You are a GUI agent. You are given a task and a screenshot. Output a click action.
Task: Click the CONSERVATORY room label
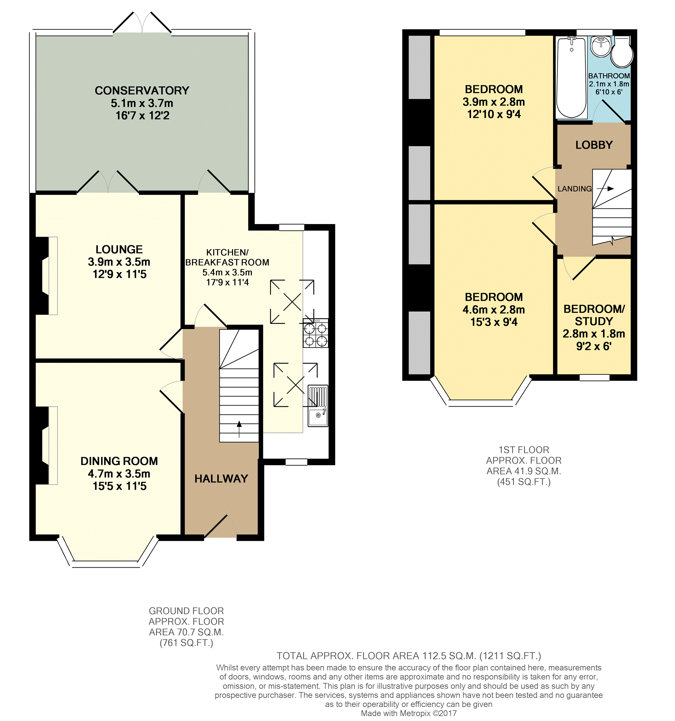pyautogui.click(x=142, y=90)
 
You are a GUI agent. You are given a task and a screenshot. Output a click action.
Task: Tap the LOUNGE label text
pyautogui.click(x=119, y=249)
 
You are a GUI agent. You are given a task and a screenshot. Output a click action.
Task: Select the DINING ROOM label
pyautogui.click(x=119, y=461)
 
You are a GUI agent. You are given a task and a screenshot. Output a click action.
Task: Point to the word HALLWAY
pyautogui.click(x=221, y=479)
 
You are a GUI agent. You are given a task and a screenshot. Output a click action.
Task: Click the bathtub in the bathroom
pyautogui.click(x=571, y=78)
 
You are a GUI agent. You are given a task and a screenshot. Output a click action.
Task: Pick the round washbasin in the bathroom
pyautogui.click(x=601, y=46)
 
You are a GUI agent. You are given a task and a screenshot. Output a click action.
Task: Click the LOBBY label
pyautogui.click(x=594, y=145)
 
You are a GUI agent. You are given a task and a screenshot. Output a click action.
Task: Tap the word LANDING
pyautogui.click(x=574, y=189)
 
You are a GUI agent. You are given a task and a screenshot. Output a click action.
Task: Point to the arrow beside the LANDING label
pyautogui.click(x=605, y=189)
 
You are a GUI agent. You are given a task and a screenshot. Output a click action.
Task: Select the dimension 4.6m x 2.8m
pyautogui.click(x=493, y=310)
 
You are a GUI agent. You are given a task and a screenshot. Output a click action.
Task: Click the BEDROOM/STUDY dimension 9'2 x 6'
pyautogui.click(x=594, y=346)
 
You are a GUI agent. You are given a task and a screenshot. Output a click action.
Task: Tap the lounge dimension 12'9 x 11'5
pyautogui.click(x=119, y=274)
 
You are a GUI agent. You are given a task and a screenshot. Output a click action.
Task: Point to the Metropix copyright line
pyautogui.click(x=409, y=713)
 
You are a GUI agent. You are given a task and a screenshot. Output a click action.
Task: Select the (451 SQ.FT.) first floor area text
pyautogui.click(x=523, y=482)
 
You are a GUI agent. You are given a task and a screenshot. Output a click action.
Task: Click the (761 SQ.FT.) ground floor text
pyautogui.click(x=186, y=643)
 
